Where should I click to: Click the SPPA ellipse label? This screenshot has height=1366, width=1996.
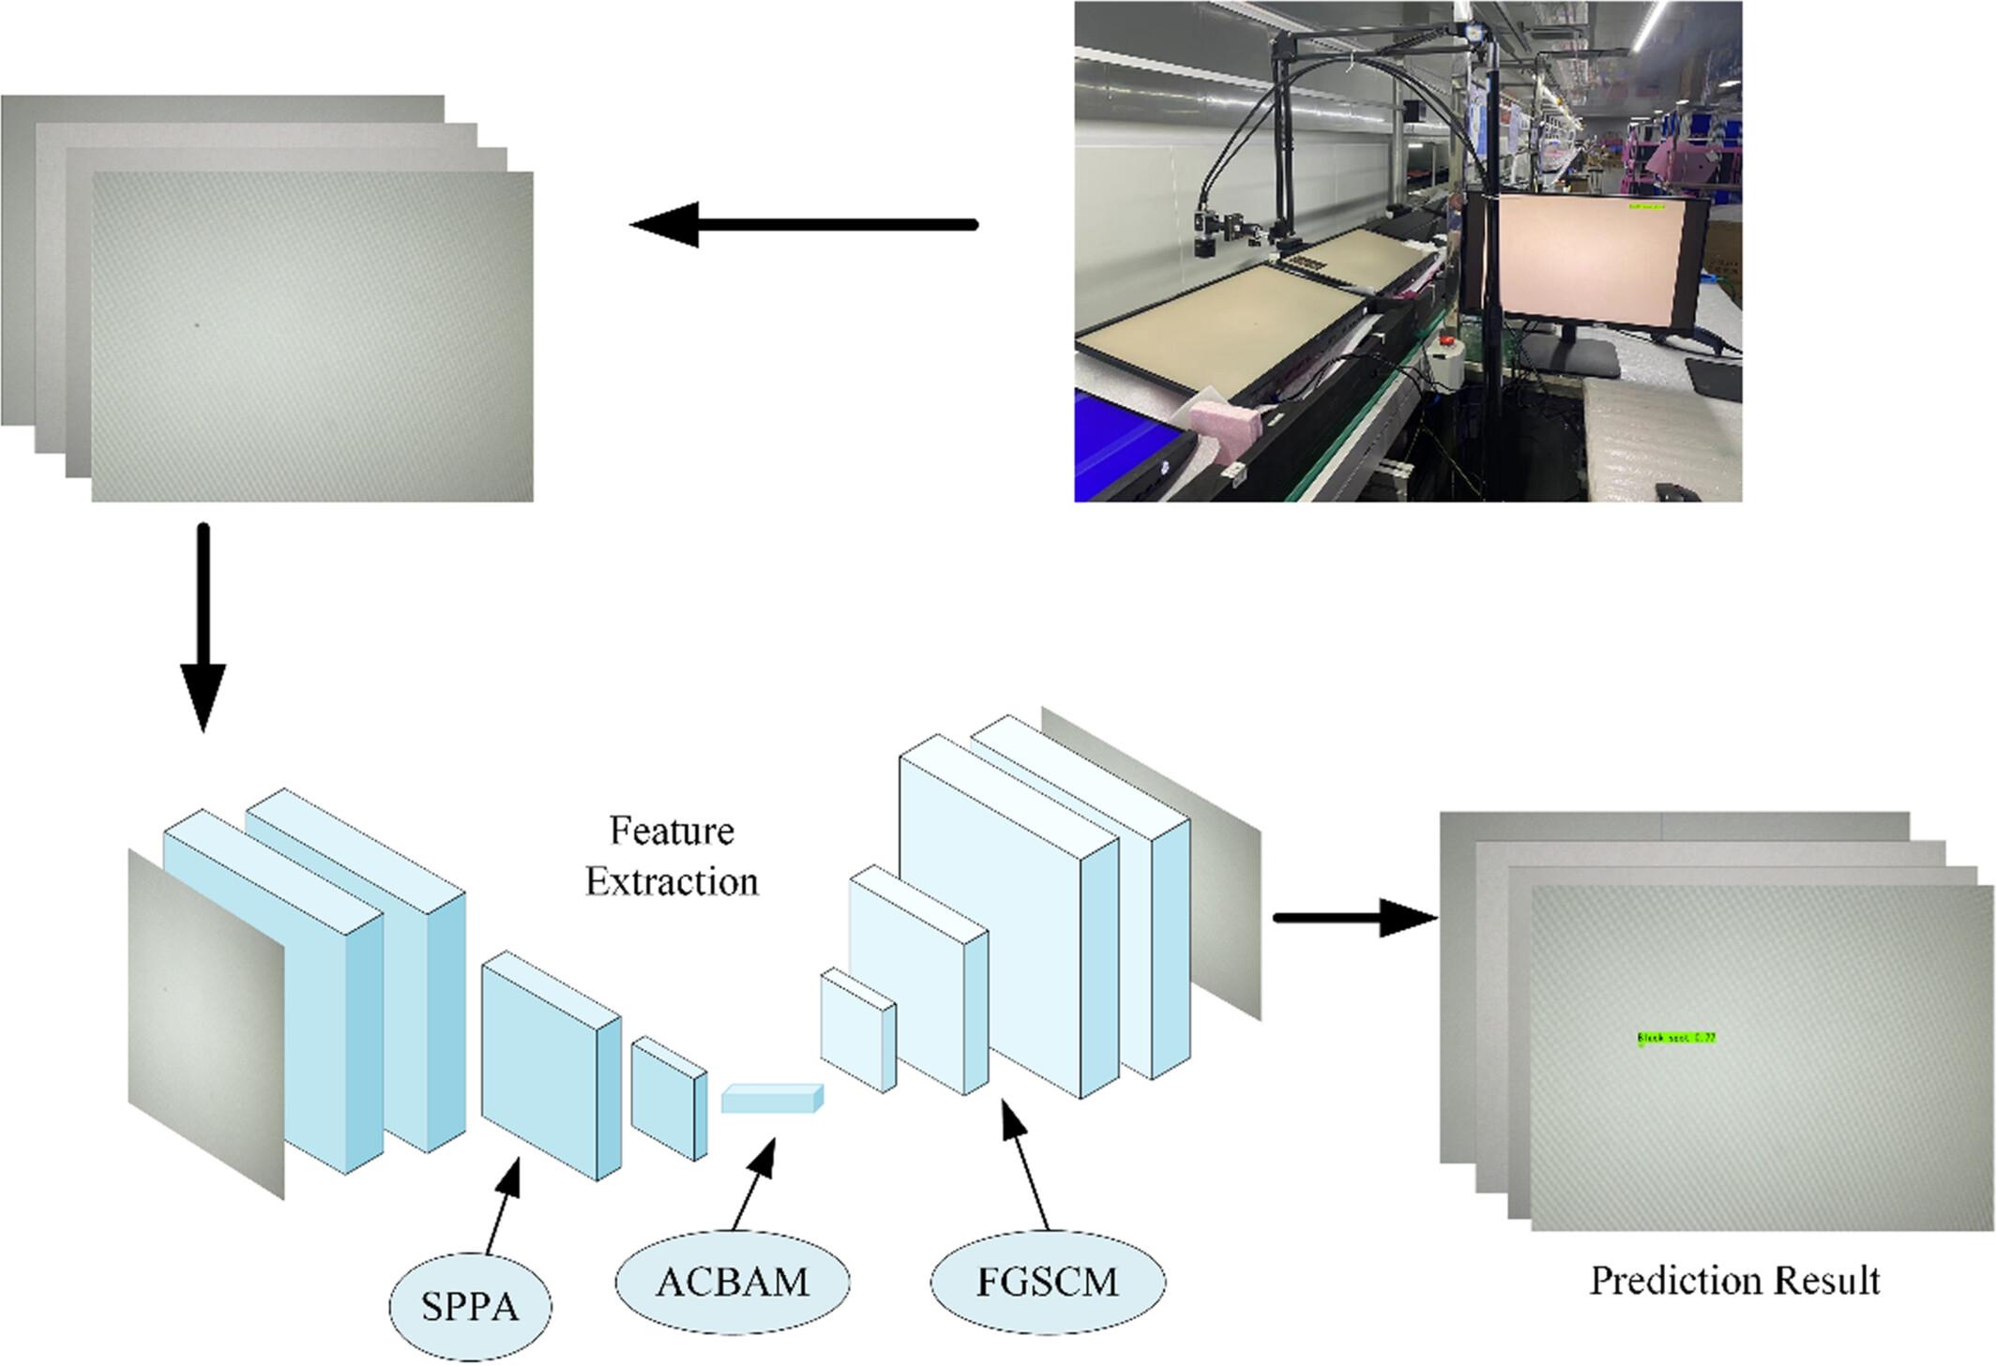click(470, 1306)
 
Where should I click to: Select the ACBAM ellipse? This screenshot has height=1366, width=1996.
click(732, 1282)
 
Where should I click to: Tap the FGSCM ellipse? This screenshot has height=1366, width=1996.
click(1048, 1282)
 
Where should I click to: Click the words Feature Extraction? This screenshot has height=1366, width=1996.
click(672, 857)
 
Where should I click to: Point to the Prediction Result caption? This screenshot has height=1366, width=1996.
click(1734, 1281)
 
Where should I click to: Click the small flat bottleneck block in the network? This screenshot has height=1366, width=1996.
click(771, 1099)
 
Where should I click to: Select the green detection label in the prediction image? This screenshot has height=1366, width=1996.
click(1676, 1038)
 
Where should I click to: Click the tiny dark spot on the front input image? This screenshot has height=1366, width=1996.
click(197, 325)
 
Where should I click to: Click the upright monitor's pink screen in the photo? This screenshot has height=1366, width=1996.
click(1585, 258)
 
